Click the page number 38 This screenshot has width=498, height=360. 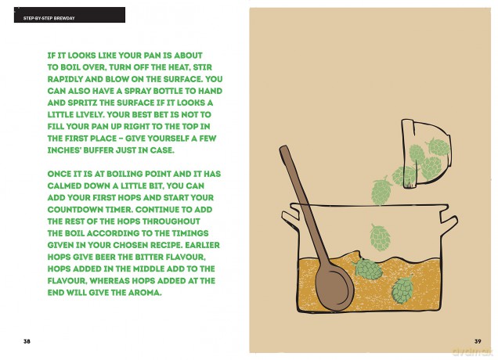[x=27, y=341]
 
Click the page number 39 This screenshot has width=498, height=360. [x=478, y=341]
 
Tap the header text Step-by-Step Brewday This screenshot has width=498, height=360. [x=49, y=19]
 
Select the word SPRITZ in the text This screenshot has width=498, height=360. [x=79, y=103]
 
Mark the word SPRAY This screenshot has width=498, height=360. [x=138, y=91]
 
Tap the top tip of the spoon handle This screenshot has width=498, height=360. [x=283, y=148]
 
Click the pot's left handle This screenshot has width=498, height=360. [x=290, y=216]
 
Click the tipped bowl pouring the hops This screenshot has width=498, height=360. [x=426, y=154]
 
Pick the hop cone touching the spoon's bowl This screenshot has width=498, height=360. [x=368, y=268]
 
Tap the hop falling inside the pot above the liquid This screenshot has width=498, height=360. [x=380, y=237]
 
